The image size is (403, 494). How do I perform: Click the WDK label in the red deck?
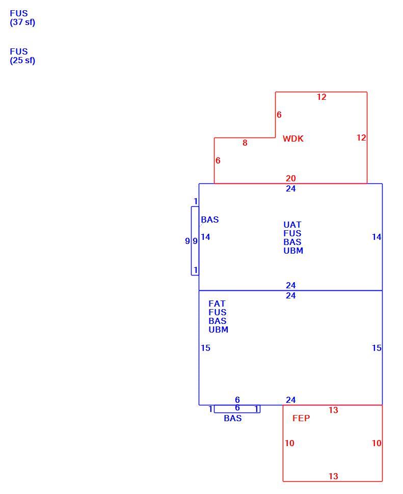(x=293, y=139)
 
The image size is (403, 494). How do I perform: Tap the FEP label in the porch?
(x=301, y=418)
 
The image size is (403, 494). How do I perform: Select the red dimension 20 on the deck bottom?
(x=290, y=178)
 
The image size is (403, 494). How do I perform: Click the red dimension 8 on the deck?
(x=245, y=143)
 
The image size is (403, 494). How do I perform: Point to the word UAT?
(x=292, y=225)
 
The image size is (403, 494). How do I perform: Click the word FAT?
(x=217, y=304)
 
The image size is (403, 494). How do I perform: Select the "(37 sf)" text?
(x=22, y=22)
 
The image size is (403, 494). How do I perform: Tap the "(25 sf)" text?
(x=22, y=61)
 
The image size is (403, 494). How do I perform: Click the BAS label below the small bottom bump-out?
(x=232, y=418)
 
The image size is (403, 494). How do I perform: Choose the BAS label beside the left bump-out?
(x=210, y=219)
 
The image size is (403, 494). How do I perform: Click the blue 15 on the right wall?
(x=377, y=348)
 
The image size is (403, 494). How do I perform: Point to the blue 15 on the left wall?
(x=205, y=348)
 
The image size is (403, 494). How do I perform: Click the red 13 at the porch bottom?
(x=333, y=476)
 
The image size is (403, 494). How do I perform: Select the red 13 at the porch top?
(x=333, y=410)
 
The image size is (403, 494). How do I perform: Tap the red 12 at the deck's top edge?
(x=321, y=97)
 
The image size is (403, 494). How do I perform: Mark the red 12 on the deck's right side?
(x=361, y=138)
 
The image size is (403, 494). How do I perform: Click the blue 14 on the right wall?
(x=377, y=237)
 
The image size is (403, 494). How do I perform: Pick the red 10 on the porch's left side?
(x=289, y=443)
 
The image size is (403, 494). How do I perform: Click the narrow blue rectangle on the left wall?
(x=191, y=241)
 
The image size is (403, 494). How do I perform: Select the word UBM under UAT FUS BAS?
(x=293, y=251)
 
